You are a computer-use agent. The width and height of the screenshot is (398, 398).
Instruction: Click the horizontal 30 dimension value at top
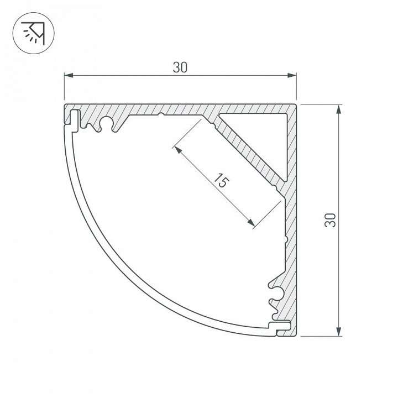click(180, 67)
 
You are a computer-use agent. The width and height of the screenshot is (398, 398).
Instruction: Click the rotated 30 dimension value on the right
click(331, 219)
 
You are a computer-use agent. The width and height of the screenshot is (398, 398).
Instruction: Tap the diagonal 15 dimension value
click(220, 181)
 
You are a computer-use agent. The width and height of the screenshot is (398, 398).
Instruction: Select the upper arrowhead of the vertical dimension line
click(338, 107)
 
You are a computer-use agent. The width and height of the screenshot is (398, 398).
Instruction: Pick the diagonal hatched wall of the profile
click(243, 149)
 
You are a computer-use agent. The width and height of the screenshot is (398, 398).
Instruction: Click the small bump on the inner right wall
click(284, 240)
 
